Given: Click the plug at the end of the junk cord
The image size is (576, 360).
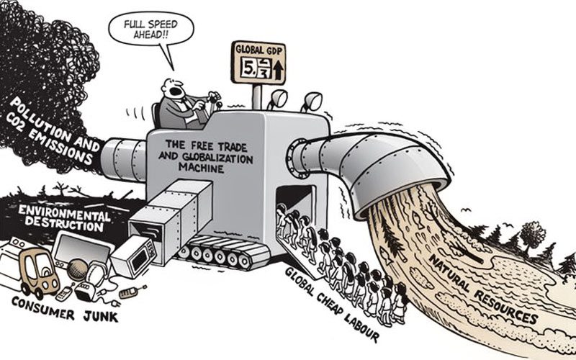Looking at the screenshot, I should pyautogui.click(x=132, y=293).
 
